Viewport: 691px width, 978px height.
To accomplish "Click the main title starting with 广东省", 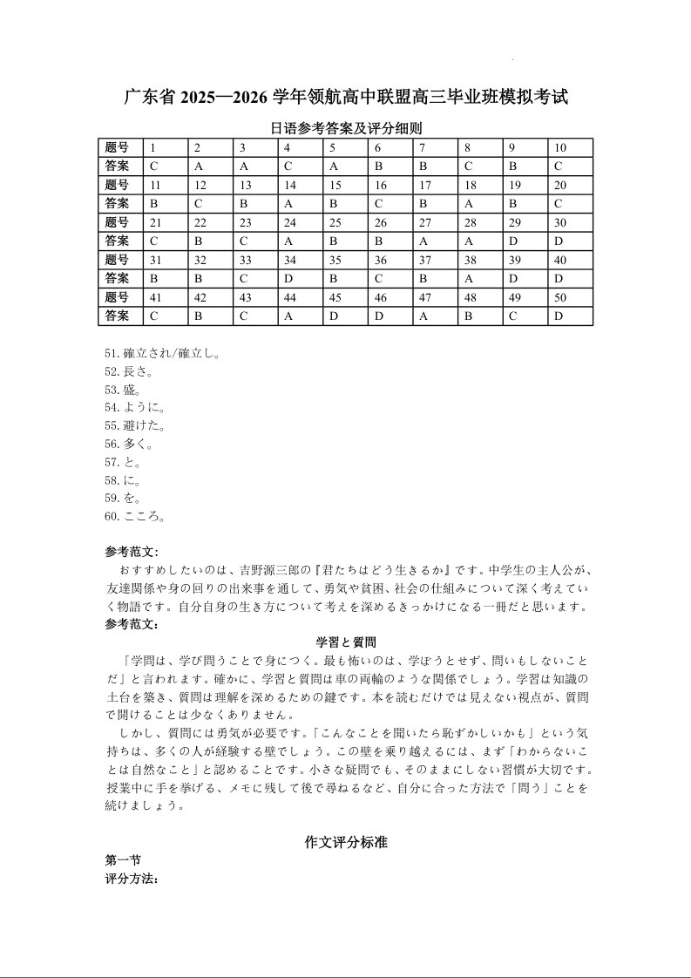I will (346, 97).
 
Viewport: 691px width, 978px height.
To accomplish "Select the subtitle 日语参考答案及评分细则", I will (346, 128).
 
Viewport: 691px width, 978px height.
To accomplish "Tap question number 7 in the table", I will (423, 147).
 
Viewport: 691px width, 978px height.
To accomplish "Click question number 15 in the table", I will (335, 185).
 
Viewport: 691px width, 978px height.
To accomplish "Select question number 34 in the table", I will (291, 260).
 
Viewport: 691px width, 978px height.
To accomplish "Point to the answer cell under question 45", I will (334, 316).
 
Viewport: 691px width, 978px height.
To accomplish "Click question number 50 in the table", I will (560, 298).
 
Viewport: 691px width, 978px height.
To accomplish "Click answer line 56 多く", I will (129, 445).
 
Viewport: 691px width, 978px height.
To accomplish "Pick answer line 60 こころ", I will (135, 517).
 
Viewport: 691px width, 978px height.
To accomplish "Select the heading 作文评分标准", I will (346, 842).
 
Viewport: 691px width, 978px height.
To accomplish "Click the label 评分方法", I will (131, 879).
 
